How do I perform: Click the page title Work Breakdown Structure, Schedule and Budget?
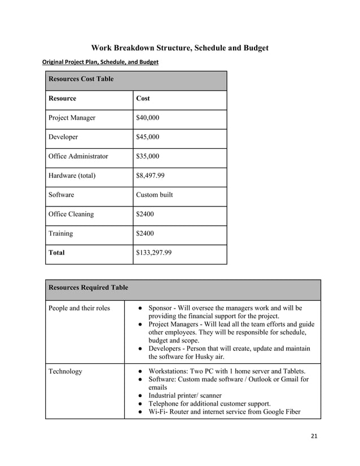[180, 47]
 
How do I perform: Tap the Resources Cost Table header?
[81, 79]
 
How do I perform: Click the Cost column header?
[143, 98]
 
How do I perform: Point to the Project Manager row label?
[72, 118]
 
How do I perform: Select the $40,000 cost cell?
[148, 118]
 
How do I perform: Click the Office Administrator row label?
[78, 156]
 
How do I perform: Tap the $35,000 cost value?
[148, 156]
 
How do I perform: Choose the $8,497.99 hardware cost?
[151, 175]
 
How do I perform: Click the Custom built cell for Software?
[155, 195]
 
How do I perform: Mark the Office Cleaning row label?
[72, 214]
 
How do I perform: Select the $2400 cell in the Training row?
[146, 234]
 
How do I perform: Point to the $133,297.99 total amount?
[154, 253]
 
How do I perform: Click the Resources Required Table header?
[88, 288]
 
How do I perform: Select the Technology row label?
[65, 371]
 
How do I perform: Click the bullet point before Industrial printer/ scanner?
[139, 395]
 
